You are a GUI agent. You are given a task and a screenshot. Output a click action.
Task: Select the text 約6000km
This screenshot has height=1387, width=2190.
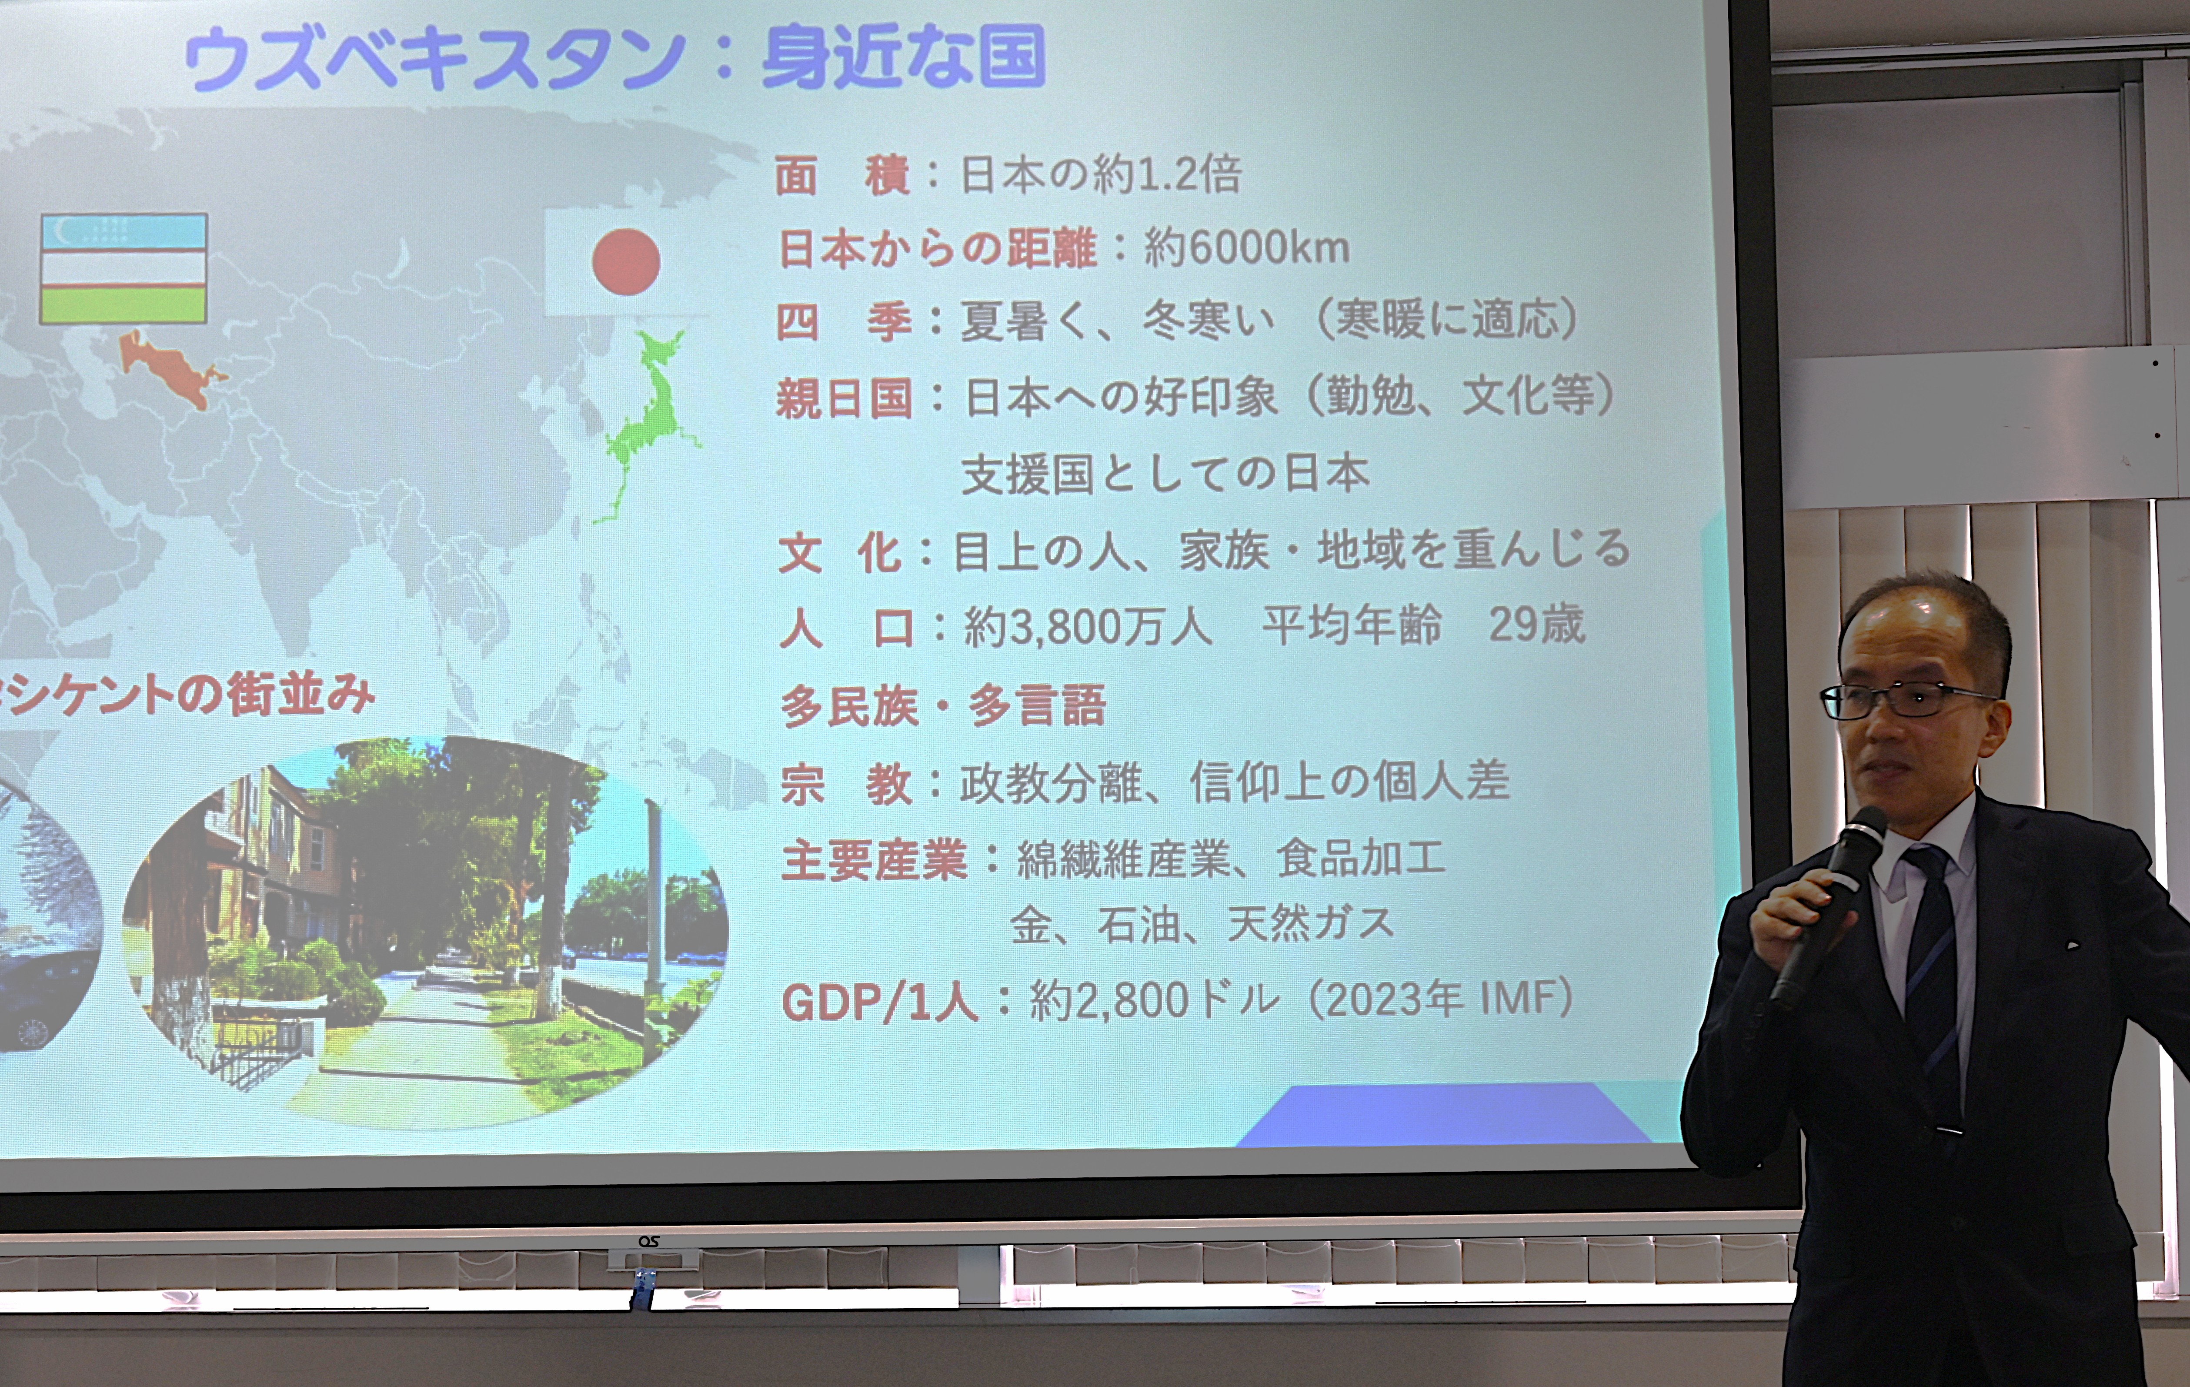click(x=1246, y=247)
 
